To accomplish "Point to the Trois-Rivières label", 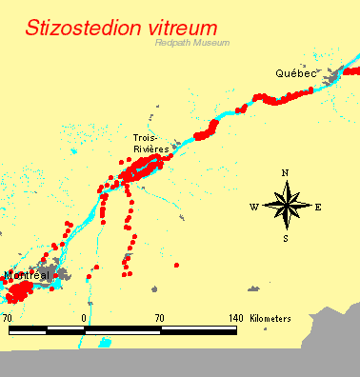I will point(150,144).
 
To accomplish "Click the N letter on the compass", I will point(285,172).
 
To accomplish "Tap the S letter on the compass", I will point(285,238).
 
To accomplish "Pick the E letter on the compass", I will point(317,206).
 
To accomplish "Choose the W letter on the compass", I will point(253,206).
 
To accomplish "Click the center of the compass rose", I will point(285,205).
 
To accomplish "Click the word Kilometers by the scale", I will point(271,317).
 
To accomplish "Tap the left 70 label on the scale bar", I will point(8,317).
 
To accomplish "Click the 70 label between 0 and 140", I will point(159,317).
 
